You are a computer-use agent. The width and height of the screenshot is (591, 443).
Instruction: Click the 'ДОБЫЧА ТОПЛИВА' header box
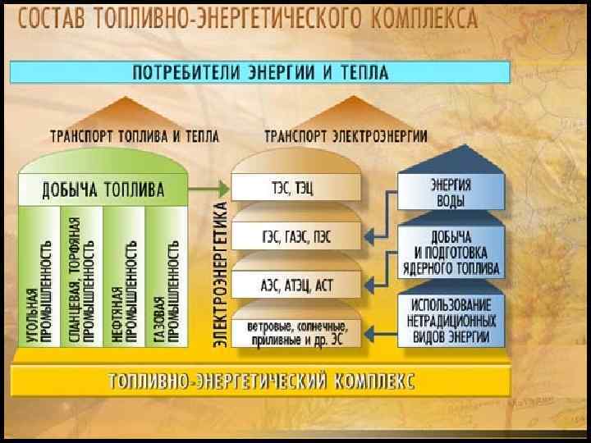(103, 190)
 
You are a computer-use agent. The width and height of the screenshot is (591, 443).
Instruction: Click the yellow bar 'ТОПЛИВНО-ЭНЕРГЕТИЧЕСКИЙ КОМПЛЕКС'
(261, 381)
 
